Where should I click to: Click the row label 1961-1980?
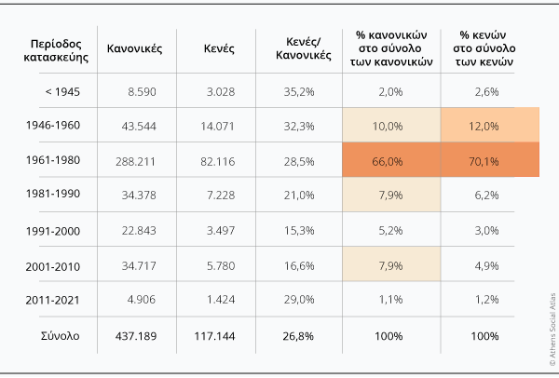(54, 160)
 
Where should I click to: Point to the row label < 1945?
(54, 91)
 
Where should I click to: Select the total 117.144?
(224, 335)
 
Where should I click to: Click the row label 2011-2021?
(54, 300)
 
